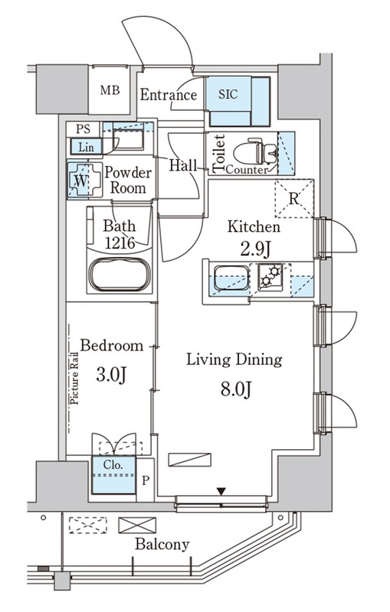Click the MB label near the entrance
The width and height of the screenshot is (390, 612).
(110, 90)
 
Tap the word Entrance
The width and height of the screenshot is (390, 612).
(169, 95)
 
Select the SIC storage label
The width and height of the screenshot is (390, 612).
(228, 94)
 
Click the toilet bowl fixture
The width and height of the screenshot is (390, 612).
(255, 152)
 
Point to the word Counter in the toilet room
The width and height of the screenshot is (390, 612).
(247, 170)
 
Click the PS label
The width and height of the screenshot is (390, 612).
(83, 129)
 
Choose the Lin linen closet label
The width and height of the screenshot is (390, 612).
(86, 147)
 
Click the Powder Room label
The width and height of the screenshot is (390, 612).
(128, 181)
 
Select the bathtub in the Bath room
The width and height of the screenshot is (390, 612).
(120, 275)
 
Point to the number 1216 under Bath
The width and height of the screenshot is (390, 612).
(120, 243)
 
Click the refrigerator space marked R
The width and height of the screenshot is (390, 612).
(294, 198)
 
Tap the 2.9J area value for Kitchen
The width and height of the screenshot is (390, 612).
(256, 249)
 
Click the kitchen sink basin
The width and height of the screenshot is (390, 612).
(232, 278)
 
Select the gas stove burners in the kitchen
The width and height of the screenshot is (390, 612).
(270, 276)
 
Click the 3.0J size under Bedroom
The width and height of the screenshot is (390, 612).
(111, 375)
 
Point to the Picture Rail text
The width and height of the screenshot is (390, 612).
(74, 378)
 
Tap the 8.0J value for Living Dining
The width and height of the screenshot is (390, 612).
(236, 389)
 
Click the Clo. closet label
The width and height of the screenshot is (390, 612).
(113, 465)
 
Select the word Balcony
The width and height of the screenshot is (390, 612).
(162, 545)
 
